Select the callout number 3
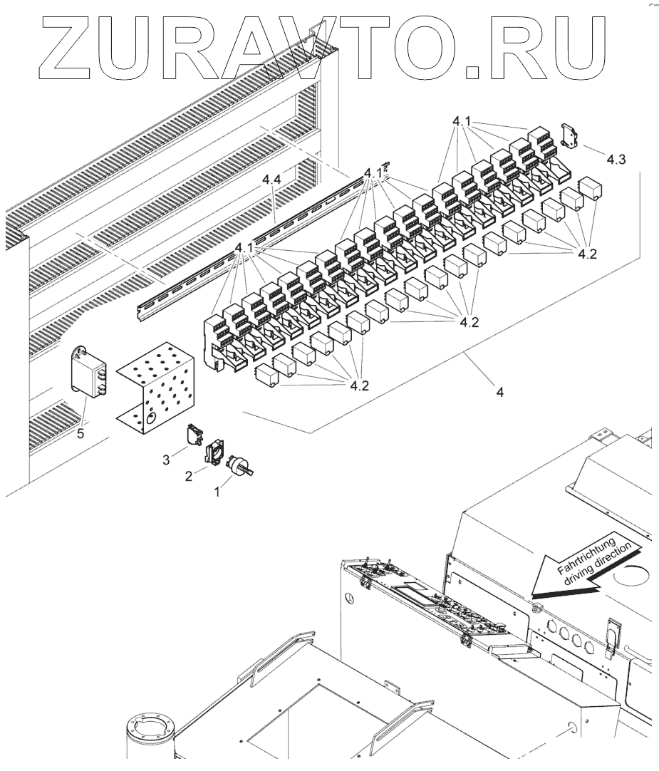tap(166, 460)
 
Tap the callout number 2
tap(189, 475)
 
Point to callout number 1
tap(218, 492)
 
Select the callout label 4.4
tap(271, 182)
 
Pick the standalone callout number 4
tap(499, 393)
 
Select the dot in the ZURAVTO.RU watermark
tap(472, 71)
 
